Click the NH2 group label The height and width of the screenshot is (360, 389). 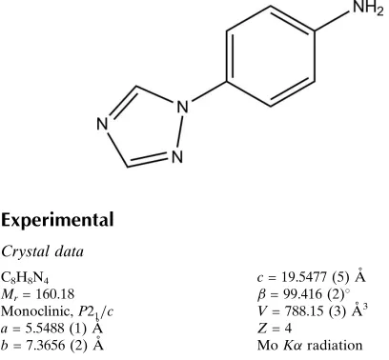368,8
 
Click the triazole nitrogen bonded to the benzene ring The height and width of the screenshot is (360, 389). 183,107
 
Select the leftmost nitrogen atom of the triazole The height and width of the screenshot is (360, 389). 102,124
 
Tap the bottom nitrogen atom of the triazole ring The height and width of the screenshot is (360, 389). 177,157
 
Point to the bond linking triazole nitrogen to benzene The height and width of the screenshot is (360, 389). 210,92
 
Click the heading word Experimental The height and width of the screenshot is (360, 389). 57,220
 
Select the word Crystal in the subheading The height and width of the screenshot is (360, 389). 25,252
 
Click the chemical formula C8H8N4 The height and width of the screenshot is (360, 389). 25,277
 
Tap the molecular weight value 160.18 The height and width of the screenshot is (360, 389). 54,294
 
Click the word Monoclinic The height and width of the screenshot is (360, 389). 36,311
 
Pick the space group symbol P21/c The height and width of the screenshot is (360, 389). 95,312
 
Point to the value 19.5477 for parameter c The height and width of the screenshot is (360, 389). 304,277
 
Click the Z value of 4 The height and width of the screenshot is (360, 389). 288,329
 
